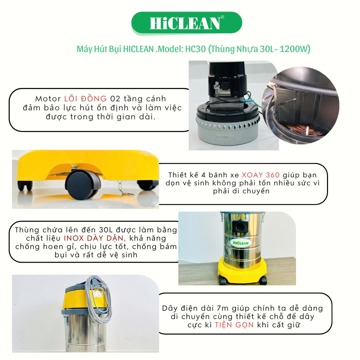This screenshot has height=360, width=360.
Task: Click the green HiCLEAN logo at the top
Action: tap(187, 23)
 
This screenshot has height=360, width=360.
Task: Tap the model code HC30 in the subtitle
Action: tap(195, 49)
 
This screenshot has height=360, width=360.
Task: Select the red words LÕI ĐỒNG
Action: tap(85, 98)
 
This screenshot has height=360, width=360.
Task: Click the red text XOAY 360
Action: tap(261, 175)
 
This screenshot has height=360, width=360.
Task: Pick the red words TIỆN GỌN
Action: tap(234, 325)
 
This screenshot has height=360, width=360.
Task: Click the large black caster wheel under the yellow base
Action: tap(83, 185)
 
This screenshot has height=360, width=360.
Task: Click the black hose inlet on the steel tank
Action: tap(240, 226)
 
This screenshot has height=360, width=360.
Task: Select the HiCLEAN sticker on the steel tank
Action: tap(241, 243)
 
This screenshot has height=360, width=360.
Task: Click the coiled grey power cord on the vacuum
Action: tap(99, 298)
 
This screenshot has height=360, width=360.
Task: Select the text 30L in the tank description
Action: tap(106, 230)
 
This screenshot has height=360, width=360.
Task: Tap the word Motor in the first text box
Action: tap(48, 99)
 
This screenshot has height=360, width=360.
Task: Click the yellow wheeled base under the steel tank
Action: tap(242, 271)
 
